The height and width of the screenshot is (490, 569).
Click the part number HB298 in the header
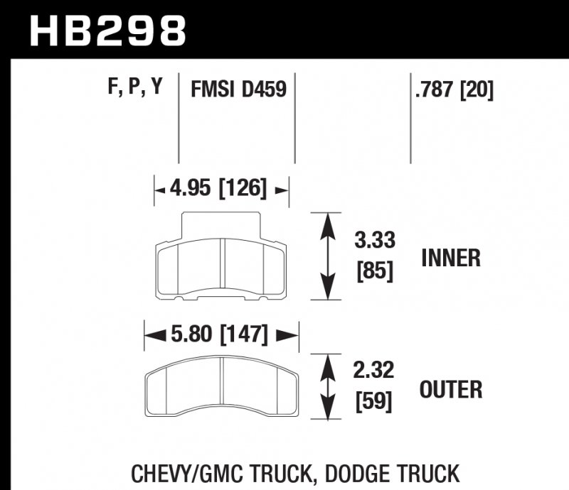(107, 30)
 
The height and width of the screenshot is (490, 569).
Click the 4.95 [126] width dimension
(219, 189)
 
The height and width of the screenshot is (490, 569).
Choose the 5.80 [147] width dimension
(220, 333)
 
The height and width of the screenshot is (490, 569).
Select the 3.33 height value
(375, 240)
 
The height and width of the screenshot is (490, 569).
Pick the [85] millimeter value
(375, 271)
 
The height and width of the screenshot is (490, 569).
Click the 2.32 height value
(375, 370)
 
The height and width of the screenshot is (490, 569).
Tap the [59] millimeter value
(375, 402)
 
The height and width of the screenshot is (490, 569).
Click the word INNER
(451, 257)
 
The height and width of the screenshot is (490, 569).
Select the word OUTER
(451, 389)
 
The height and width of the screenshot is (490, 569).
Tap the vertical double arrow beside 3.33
(326, 256)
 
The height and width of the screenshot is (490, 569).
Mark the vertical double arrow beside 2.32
(326, 387)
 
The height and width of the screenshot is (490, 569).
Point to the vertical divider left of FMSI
(179, 117)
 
